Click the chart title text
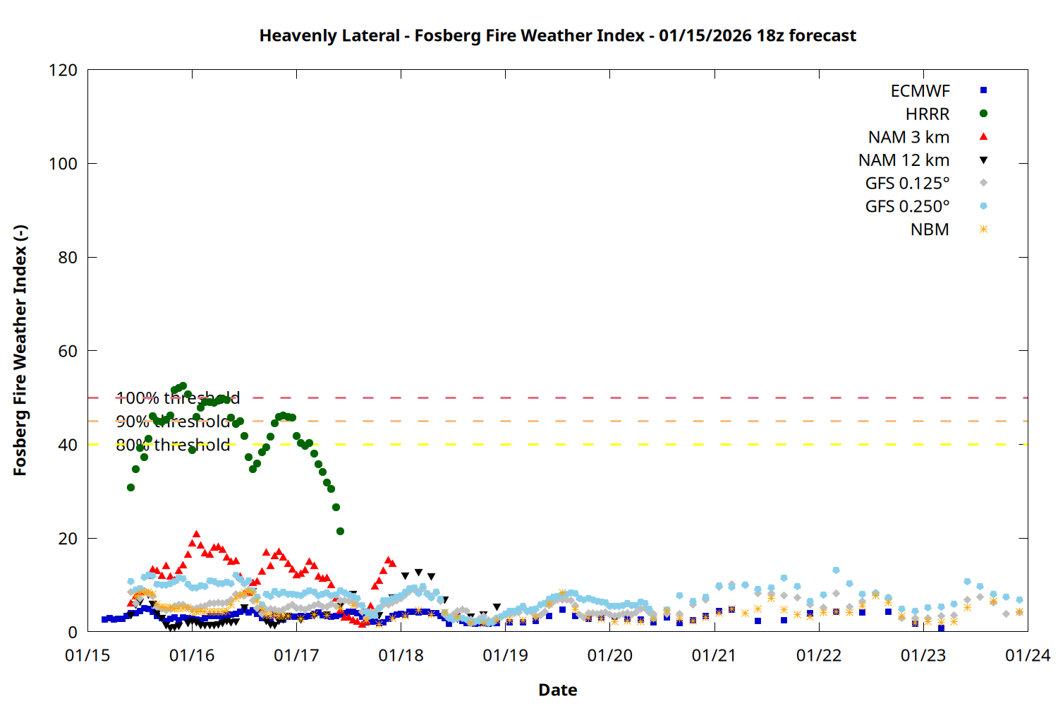(557, 35)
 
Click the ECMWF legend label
(920, 91)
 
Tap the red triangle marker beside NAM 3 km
(983, 136)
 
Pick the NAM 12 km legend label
(904, 160)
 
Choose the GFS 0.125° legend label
(907, 184)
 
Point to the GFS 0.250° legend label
(907, 207)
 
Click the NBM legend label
(930, 230)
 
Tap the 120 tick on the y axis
(63, 71)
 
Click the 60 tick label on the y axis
(68, 352)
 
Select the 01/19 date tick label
(505, 656)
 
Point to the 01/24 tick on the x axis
(1027, 656)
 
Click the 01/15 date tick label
(87, 656)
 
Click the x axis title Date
(557, 690)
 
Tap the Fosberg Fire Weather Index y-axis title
(20, 351)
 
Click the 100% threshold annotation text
(178, 398)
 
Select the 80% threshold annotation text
(173, 445)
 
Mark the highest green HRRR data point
(183, 386)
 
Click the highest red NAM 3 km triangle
(196, 534)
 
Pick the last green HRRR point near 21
(340, 531)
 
